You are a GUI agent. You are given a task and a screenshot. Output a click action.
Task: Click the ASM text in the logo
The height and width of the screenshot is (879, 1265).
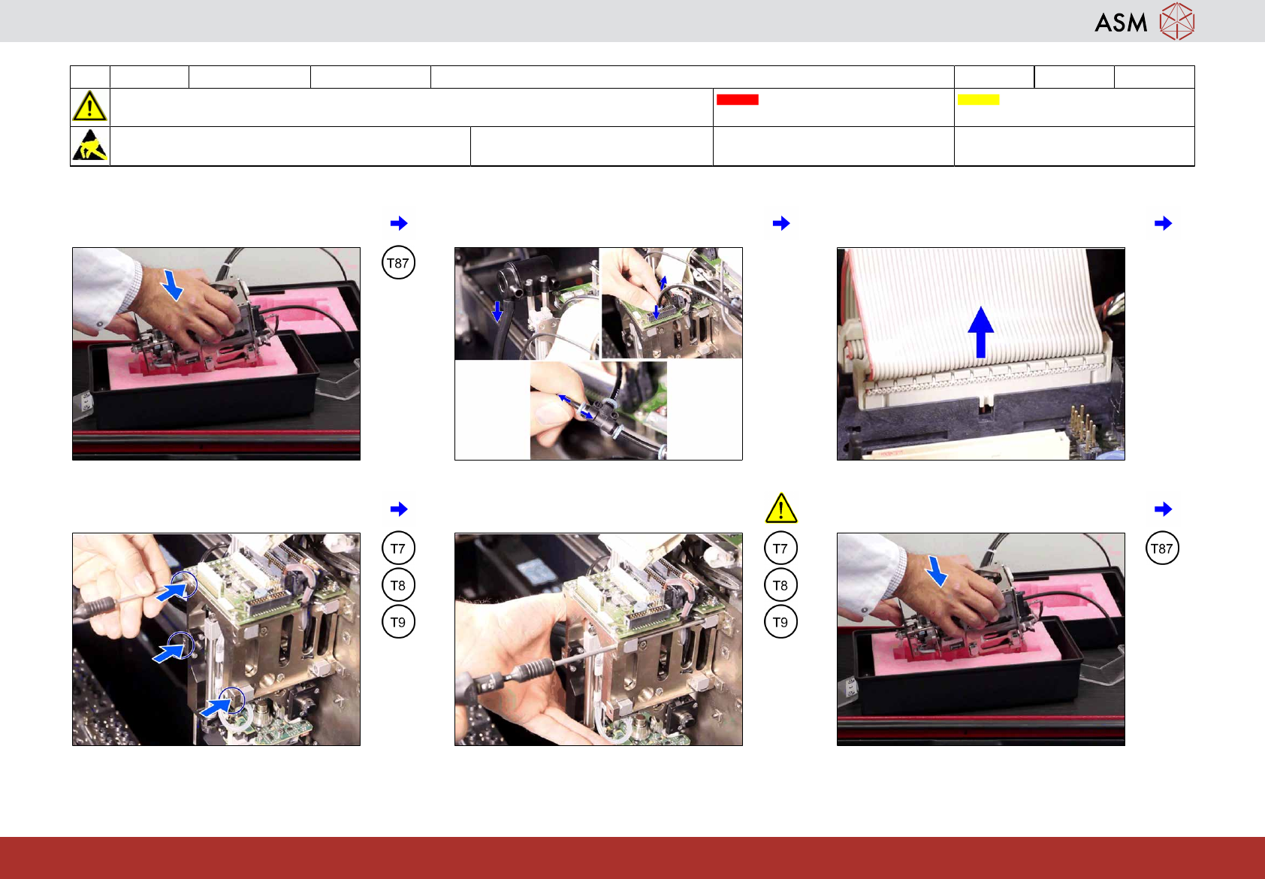(1121, 23)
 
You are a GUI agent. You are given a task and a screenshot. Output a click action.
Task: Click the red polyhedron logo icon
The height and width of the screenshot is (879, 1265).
(1177, 21)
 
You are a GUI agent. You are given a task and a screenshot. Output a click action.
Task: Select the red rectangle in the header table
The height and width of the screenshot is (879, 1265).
(737, 99)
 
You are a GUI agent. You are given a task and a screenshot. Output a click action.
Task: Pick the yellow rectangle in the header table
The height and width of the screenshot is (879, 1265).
(978, 99)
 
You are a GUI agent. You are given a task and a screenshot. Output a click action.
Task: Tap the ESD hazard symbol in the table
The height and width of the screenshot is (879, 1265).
(90, 145)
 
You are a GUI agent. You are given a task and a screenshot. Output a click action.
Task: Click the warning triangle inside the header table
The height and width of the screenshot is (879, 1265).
(89, 106)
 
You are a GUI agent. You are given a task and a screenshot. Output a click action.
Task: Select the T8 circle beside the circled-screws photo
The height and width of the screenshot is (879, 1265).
(398, 585)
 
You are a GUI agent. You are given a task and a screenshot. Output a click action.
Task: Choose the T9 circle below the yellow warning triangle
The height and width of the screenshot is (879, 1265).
(780, 622)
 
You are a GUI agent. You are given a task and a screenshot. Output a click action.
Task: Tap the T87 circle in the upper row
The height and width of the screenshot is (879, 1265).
(398, 263)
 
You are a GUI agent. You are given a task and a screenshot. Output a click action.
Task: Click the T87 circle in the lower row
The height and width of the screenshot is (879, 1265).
(1162, 548)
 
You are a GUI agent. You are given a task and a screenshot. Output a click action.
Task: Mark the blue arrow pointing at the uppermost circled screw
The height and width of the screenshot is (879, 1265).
(171, 591)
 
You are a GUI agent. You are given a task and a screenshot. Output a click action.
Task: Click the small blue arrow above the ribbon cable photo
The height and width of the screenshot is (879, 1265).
(1163, 223)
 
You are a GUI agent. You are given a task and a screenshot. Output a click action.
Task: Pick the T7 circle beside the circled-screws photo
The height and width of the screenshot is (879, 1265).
(398, 548)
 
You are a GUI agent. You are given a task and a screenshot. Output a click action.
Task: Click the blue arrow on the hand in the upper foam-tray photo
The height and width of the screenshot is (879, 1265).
(172, 285)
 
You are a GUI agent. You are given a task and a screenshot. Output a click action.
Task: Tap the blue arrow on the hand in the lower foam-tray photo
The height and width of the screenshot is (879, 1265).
(936, 571)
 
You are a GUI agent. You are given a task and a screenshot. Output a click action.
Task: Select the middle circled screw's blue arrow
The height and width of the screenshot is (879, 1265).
(168, 652)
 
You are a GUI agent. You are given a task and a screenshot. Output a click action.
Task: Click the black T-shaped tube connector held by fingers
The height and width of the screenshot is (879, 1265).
(602, 412)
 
